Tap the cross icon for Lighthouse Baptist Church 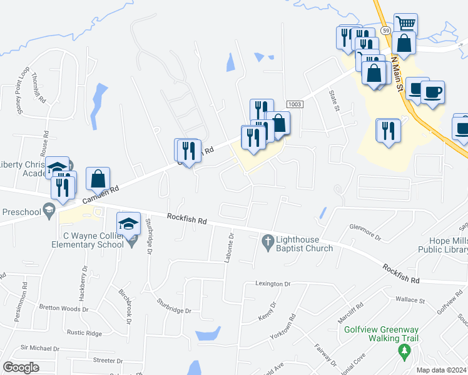click(268, 241)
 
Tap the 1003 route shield click(295, 104)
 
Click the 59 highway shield click(385, 31)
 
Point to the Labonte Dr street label click(230, 247)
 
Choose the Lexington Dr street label click(273, 284)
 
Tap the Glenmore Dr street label click(365, 231)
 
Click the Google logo click(21, 367)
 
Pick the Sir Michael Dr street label click(39, 348)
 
